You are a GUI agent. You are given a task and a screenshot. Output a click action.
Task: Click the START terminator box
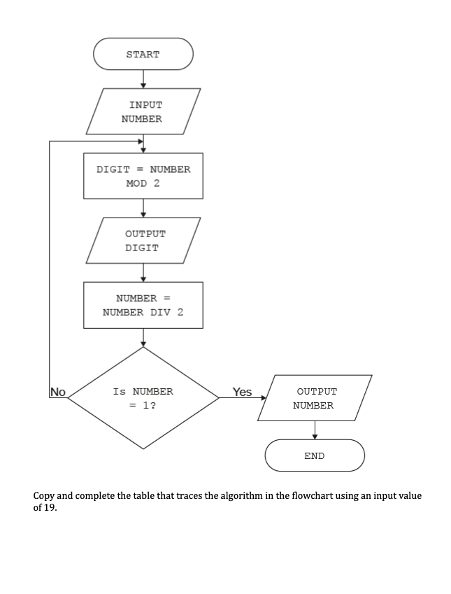(143, 54)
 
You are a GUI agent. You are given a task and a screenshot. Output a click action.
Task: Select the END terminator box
(315, 455)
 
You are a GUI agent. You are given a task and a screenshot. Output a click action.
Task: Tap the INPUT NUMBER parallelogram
(143, 111)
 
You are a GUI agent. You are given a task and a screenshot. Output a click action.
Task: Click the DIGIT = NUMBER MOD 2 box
(143, 176)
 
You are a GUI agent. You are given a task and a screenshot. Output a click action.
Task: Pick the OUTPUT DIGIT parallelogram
(143, 241)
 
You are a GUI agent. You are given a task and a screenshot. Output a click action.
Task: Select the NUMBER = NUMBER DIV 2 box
(143, 305)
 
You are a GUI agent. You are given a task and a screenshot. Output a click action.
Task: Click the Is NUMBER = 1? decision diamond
(143, 398)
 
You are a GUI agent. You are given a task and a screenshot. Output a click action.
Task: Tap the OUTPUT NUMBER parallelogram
(315, 398)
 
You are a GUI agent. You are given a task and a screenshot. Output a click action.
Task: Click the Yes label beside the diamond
(242, 392)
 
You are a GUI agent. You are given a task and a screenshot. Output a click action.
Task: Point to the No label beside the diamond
(58, 392)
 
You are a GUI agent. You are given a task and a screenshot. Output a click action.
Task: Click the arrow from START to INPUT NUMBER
(143, 79)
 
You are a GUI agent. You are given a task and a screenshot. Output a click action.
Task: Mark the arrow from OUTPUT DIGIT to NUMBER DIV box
(143, 273)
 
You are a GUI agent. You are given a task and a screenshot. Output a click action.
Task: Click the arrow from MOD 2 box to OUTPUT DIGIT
(143, 208)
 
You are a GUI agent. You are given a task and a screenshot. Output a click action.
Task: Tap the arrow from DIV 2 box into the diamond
(143, 337)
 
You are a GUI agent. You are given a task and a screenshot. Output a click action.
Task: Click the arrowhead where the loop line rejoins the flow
(139, 141)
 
